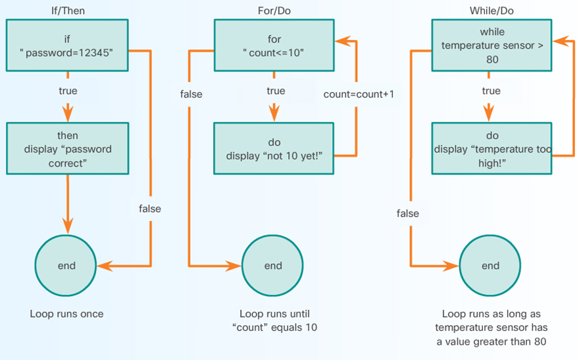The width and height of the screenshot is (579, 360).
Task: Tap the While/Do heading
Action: (x=490, y=10)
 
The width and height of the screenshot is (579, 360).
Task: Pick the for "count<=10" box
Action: (x=275, y=45)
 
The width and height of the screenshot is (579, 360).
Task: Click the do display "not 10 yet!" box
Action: (x=275, y=149)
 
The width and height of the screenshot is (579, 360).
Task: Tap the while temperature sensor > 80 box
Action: (x=491, y=45)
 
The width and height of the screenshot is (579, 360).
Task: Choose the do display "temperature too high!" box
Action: (x=491, y=149)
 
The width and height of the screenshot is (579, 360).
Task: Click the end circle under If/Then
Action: (x=66, y=266)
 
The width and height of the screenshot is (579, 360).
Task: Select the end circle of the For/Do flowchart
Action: (x=273, y=266)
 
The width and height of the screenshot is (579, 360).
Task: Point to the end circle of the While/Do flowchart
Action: (x=490, y=266)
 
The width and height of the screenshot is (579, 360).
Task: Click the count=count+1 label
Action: (x=359, y=94)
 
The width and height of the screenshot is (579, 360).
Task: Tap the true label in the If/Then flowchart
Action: (x=68, y=91)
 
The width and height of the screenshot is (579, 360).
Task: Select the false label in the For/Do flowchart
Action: (x=191, y=94)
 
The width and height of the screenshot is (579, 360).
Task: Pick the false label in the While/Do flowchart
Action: (x=408, y=213)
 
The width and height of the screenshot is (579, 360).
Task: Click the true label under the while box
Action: (x=491, y=91)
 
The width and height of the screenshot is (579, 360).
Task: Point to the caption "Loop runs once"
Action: (x=66, y=314)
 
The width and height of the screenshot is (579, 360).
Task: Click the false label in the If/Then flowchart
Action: (x=150, y=209)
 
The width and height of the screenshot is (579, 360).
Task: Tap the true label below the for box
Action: (x=275, y=91)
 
